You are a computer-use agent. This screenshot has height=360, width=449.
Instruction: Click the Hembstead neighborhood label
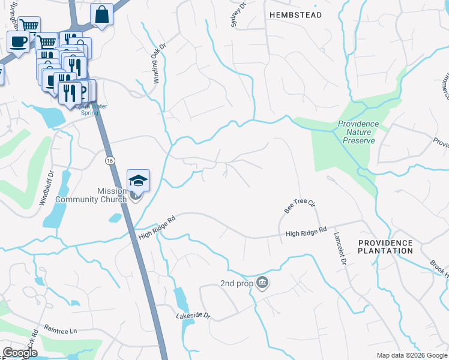[x=295, y=14]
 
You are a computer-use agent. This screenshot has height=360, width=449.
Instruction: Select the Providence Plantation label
[x=385, y=247]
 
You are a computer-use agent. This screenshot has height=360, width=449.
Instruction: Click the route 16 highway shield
[x=109, y=161]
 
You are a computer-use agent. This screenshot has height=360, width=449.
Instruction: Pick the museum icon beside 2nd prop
[x=262, y=283]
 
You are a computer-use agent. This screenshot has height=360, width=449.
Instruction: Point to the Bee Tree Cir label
[x=300, y=207]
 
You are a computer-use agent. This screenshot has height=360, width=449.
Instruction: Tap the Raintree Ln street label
[x=61, y=330]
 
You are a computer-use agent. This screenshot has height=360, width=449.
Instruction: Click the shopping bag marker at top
[x=102, y=14]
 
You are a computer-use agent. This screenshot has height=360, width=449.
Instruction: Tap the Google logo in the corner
[x=19, y=353]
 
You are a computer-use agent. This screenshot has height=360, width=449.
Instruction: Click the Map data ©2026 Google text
[x=411, y=355]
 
